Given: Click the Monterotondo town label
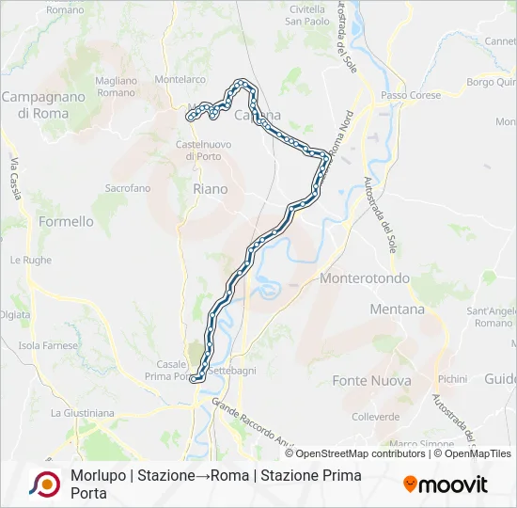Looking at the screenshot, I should coord(366,278).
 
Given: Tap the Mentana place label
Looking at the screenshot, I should coord(397,309).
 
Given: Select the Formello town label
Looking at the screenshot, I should coord(66,222).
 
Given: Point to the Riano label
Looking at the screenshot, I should coord(210,189).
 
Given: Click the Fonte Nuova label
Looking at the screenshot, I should coord(371,381).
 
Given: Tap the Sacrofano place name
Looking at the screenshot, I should coord(127,188).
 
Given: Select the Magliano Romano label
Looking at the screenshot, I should coord(116,87).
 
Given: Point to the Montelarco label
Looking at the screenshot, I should coord(180,81).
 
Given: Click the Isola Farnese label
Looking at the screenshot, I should coord(47,345).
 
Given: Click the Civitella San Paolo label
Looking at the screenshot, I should coord(306,14).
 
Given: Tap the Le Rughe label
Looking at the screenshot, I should coord(31,260).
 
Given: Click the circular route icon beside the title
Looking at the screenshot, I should coord(43,484).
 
